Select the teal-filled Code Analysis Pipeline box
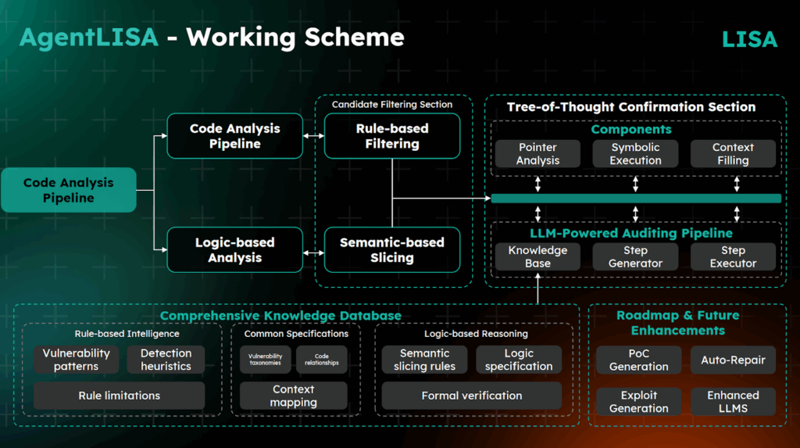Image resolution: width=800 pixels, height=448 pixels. point(68,190)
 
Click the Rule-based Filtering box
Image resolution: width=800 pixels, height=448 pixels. point(391,136)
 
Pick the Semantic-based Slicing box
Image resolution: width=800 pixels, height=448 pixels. point(391,249)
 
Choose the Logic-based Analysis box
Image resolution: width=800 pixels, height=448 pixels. point(234,249)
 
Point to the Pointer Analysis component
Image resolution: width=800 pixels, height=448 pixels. point(537,153)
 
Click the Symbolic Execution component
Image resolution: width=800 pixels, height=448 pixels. point(635,153)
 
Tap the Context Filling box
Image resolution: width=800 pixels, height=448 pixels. point(733,153)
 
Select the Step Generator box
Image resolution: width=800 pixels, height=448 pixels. point(635,256)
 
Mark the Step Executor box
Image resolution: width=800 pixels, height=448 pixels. point(733,256)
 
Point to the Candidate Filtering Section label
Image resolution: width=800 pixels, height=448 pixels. point(391,104)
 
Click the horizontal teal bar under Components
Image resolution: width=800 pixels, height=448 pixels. point(635,199)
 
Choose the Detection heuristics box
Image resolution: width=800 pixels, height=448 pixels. point(166,360)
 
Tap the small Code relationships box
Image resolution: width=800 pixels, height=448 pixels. point(321,360)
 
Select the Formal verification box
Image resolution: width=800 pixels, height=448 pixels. point(471,396)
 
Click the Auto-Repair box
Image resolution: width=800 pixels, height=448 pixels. point(733,360)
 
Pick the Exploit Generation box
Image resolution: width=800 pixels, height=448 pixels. point(638,401)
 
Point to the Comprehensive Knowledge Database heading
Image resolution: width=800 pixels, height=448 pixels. point(280,316)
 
